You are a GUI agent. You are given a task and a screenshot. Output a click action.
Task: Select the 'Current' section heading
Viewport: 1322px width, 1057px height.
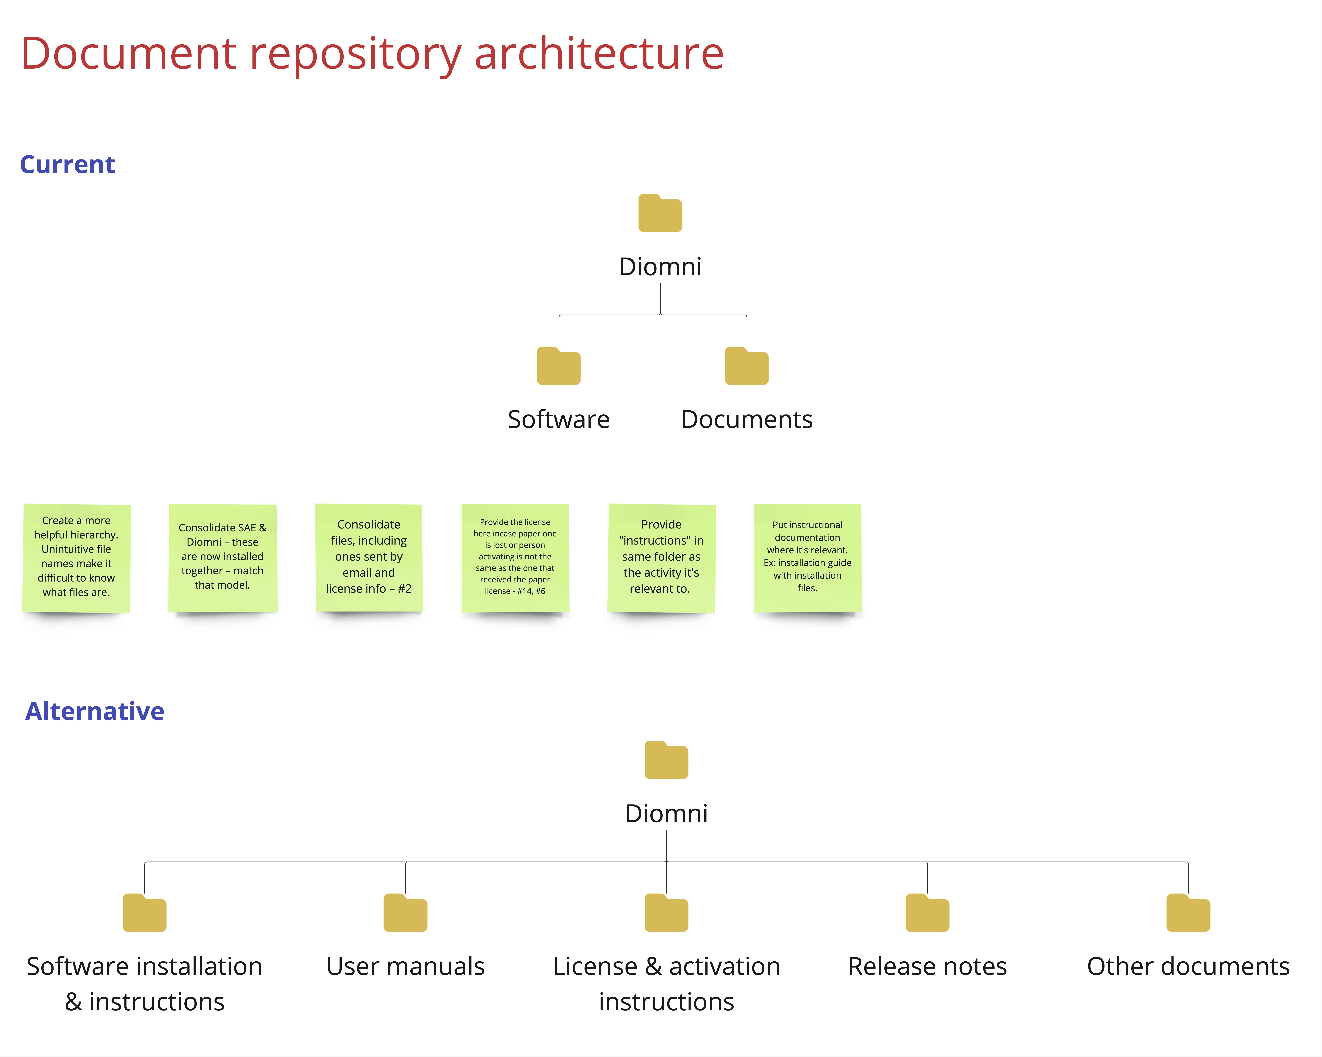click(67, 164)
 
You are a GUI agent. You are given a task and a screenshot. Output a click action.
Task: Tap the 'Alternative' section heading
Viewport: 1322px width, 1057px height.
click(94, 711)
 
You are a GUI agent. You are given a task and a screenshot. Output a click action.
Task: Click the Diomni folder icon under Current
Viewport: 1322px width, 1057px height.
click(660, 213)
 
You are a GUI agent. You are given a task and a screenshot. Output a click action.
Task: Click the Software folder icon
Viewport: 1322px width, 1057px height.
click(559, 366)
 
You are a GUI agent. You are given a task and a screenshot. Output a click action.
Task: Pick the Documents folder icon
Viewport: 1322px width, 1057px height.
click(747, 366)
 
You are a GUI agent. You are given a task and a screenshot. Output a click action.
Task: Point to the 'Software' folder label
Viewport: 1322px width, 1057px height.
click(559, 419)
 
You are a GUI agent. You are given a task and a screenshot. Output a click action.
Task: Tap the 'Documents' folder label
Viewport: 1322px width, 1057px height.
click(747, 419)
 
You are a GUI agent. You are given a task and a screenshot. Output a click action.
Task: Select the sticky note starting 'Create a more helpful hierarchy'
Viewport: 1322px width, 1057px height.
click(77, 558)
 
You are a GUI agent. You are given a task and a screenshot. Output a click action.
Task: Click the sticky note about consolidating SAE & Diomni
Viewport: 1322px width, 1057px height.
click(223, 558)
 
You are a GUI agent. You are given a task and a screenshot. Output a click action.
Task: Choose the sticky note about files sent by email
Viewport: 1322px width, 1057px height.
click(368, 558)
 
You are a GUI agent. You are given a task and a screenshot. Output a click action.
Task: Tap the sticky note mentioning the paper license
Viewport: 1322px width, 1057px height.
click(515, 558)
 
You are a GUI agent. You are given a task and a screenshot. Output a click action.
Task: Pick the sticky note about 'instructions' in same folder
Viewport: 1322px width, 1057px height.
click(662, 558)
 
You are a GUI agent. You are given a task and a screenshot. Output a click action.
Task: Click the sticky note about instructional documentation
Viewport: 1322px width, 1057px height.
click(808, 558)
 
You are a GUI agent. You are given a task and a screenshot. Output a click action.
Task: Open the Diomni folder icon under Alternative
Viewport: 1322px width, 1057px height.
click(667, 760)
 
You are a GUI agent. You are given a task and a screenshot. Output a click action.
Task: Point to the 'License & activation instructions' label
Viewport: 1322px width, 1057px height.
click(667, 984)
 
